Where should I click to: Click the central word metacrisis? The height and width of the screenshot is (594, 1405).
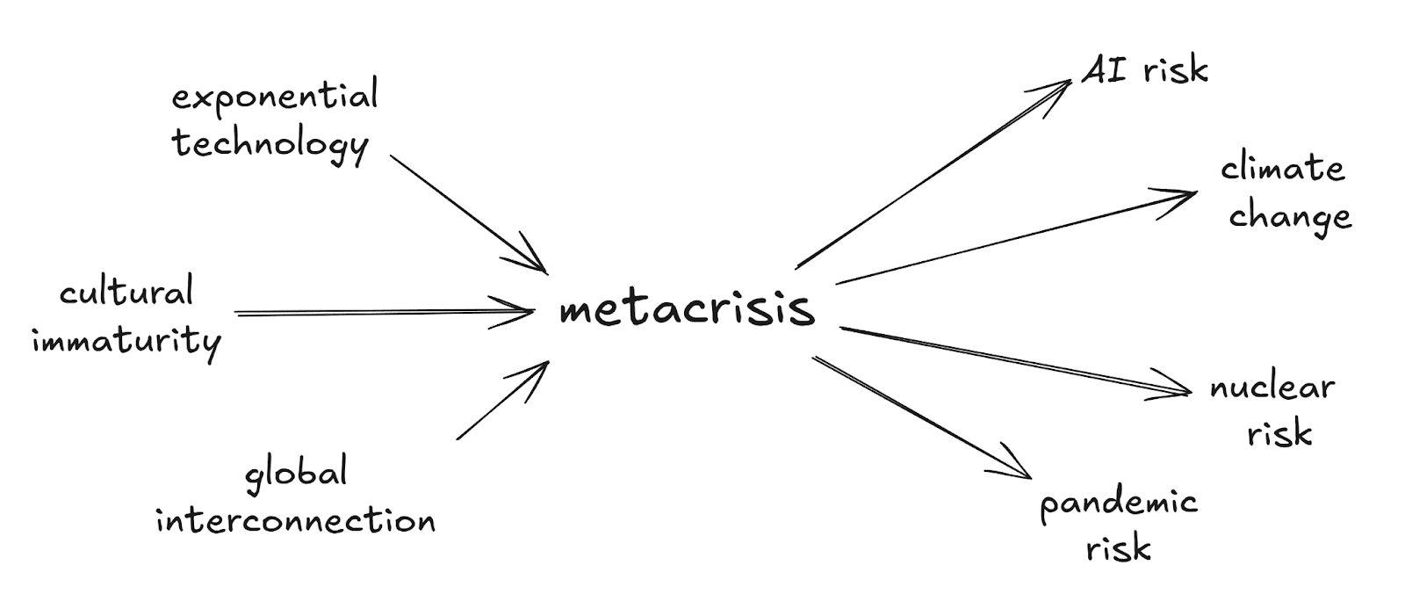tap(687, 309)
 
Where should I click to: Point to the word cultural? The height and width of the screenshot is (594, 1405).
tap(126, 292)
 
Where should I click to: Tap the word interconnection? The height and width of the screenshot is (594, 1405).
tap(296, 520)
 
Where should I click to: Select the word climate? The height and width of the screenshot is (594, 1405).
tap(1283, 168)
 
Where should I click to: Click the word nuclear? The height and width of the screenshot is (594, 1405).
tap(1272, 388)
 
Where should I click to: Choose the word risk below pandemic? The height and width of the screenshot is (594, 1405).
tap(1119, 549)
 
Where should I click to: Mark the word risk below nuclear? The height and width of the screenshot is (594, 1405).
tap(1279, 433)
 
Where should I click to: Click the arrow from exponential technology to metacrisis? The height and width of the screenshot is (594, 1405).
tap(465, 212)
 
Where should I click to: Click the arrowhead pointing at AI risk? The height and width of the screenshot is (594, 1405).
tap(1058, 88)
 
